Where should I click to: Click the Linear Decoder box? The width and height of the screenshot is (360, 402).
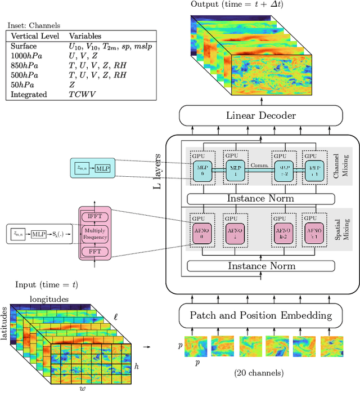(260, 115)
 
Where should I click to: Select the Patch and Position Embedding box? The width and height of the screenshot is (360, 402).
(260, 315)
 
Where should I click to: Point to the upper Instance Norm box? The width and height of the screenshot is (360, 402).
(260, 198)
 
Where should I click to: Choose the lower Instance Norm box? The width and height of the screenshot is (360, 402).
(260, 265)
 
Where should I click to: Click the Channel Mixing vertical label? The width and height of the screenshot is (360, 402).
(344, 167)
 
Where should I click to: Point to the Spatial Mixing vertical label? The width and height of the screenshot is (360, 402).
(344, 230)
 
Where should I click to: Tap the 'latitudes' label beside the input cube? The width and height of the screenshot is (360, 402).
(4, 323)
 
